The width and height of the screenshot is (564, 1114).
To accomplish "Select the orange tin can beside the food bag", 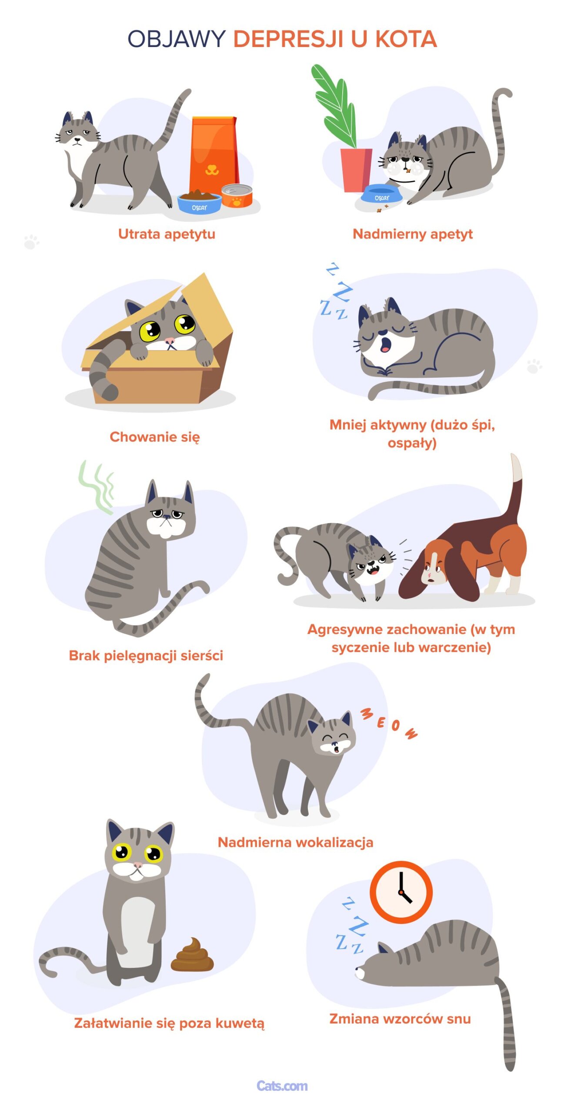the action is pos(237,196).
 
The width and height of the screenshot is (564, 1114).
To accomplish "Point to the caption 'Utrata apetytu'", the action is pos(167,234).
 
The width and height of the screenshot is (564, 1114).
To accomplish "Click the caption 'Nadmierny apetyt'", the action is pos(412,234).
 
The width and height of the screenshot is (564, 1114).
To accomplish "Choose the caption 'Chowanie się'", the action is pos(154,437).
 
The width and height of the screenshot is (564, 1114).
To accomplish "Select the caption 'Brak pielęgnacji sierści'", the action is pos(146,656).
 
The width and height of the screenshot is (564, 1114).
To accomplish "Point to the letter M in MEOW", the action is pos(367,714).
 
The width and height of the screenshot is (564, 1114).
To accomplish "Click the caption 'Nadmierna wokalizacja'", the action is pos(295,842).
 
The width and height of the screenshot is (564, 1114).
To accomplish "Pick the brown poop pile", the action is pos(192,956).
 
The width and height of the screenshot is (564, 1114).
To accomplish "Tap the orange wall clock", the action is pos(401,892).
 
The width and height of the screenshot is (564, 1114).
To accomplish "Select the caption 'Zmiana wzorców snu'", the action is pos(400,1019).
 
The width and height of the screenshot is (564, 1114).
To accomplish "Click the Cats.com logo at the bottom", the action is pos(282,1086).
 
